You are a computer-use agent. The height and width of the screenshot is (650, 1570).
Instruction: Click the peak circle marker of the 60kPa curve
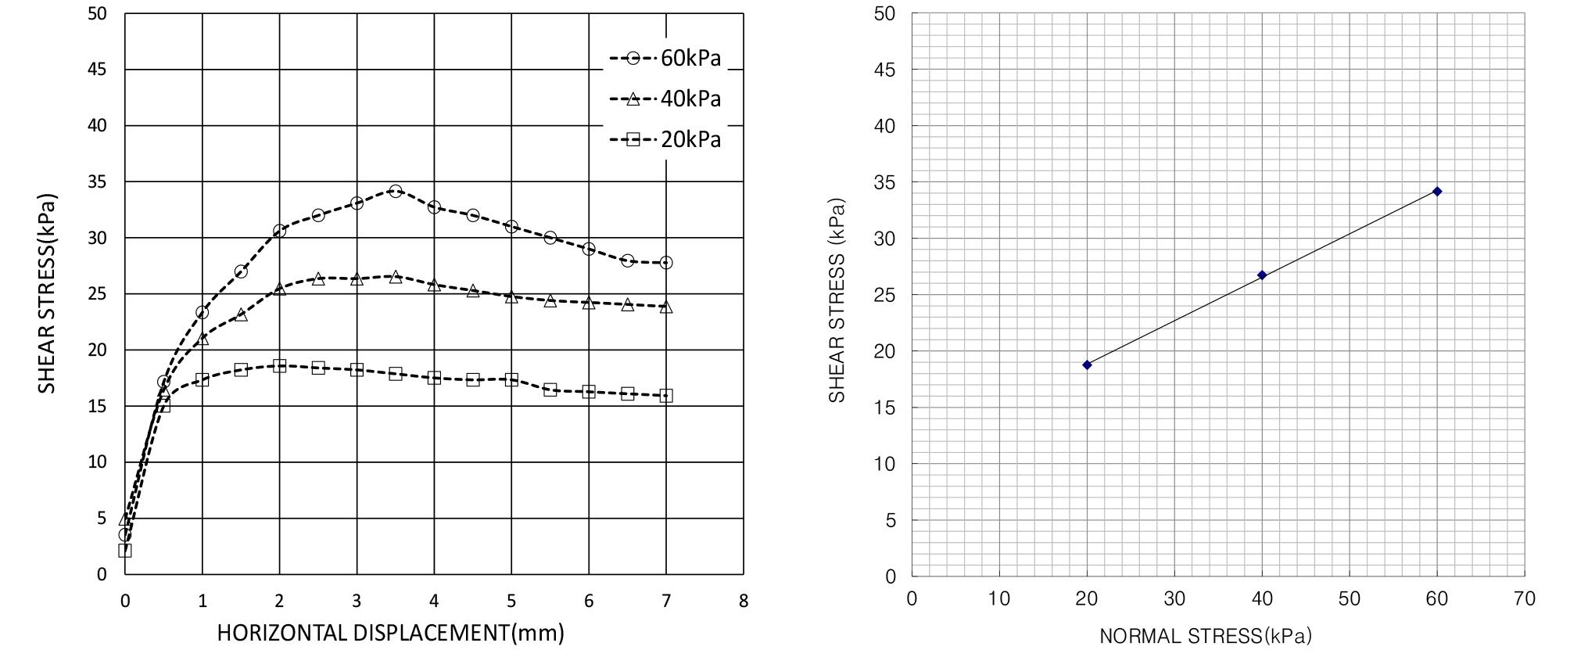(396, 191)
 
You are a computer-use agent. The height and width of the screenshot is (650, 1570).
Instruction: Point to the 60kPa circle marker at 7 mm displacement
(666, 263)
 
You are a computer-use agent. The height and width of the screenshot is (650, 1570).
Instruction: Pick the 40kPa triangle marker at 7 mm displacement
(666, 307)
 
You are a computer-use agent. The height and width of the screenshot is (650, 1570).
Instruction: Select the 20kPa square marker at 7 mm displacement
(666, 396)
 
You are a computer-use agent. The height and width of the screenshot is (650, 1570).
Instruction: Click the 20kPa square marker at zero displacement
(125, 551)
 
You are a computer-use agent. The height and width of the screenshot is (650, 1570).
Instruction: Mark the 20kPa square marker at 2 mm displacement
(279, 365)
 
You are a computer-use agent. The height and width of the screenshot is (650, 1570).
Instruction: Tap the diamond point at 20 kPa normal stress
(1087, 365)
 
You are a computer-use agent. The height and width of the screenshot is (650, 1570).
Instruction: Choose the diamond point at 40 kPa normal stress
(1262, 275)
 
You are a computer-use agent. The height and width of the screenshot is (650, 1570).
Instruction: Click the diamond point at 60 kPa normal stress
(1437, 191)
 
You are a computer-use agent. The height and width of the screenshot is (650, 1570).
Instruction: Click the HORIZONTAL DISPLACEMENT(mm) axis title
(390, 633)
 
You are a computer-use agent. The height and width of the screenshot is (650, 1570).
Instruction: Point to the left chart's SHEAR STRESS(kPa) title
(48, 293)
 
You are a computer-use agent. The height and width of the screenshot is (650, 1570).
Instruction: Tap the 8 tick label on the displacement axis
(744, 601)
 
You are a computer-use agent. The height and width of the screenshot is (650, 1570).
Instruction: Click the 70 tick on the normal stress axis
(1524, 599)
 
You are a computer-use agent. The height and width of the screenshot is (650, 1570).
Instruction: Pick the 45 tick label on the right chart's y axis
(885, 70)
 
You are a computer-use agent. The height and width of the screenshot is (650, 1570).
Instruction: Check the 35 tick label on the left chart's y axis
(97, 181)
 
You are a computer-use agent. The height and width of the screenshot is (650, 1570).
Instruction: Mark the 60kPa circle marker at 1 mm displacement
(203, 313)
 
